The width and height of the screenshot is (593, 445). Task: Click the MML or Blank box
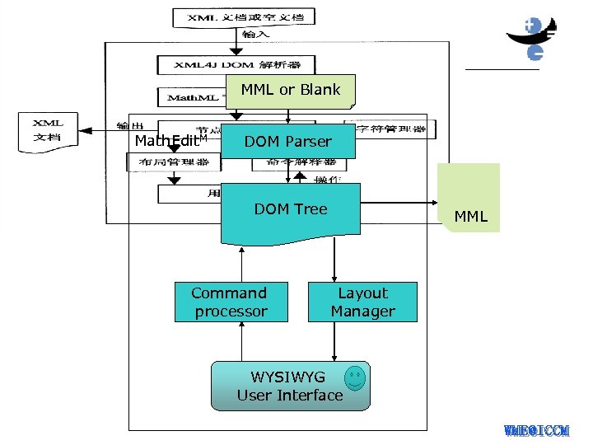(x=290, y=91)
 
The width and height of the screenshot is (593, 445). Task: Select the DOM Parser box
(x=287, y=142)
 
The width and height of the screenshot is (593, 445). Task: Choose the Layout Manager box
(x=362, y=302)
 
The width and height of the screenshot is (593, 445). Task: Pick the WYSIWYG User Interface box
(x=290, y=386)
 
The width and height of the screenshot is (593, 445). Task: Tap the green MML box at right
(x=469, y=199)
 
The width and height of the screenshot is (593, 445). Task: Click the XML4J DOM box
(x=231, y=64)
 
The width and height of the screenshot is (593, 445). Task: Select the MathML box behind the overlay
(x=194, y=98)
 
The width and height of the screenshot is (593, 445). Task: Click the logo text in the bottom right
(x=536, y=430)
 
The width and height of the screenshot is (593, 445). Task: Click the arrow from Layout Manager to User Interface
(x=334, y=341)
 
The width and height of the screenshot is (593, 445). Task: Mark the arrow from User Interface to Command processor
(x=241, y=341)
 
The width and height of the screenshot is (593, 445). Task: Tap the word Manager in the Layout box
(x=362, y=311)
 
